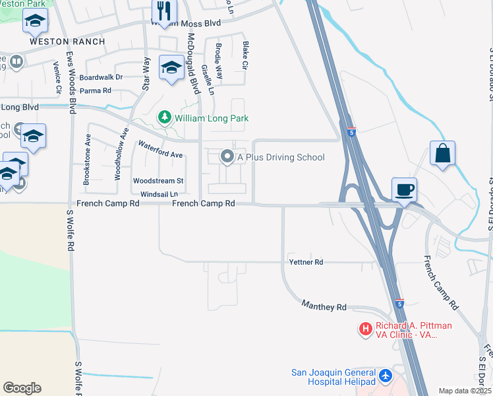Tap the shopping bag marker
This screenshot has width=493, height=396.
[x=443, y=153]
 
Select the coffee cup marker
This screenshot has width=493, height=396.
[x=405, y=189]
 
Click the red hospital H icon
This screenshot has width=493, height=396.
[x=364, y=328]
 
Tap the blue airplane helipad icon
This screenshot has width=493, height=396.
[x=386, y=377]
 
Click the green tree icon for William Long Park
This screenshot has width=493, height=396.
[x=165, y=118]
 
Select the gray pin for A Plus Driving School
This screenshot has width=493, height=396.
[x=227, y=157]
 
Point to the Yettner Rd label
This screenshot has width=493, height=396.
[x=306, y=262]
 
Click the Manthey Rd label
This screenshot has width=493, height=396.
[x=324, y=306]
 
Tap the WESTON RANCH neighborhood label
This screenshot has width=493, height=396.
[x=67, y=41]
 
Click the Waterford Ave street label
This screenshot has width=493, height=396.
[x=159, y=149]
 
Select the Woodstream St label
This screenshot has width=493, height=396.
[x=158, y=180]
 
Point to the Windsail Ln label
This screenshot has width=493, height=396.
[x=159, y=194]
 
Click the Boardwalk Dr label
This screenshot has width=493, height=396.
[x=101, y=77]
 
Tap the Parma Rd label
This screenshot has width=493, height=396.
[x=96, y=90]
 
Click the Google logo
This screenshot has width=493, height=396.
[x=22, y=388]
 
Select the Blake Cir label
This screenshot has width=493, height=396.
[x=245, y=56]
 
